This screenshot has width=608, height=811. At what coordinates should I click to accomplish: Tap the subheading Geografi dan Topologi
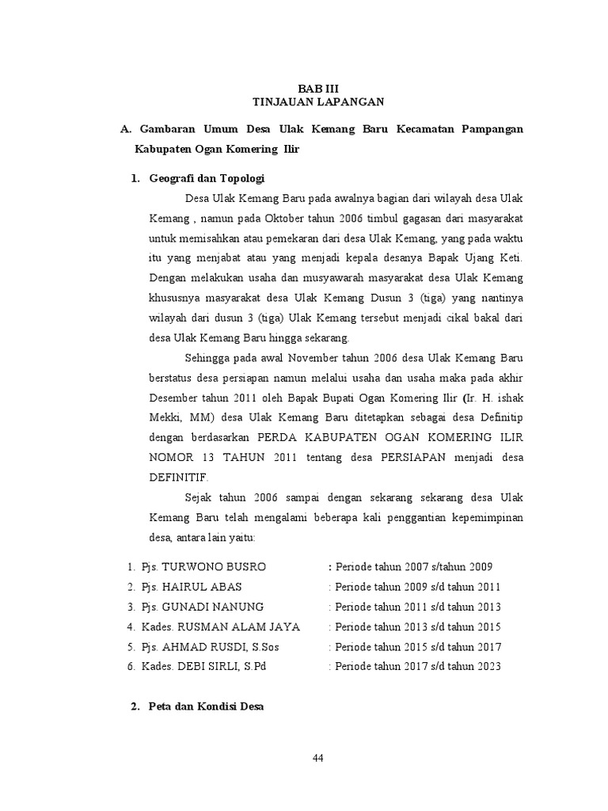[206, 179]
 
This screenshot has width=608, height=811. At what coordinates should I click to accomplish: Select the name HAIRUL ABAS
[201, 587]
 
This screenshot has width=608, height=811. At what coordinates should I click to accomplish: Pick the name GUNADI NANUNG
[211, 607]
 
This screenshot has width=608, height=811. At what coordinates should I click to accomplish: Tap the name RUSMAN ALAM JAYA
[241, 626]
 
